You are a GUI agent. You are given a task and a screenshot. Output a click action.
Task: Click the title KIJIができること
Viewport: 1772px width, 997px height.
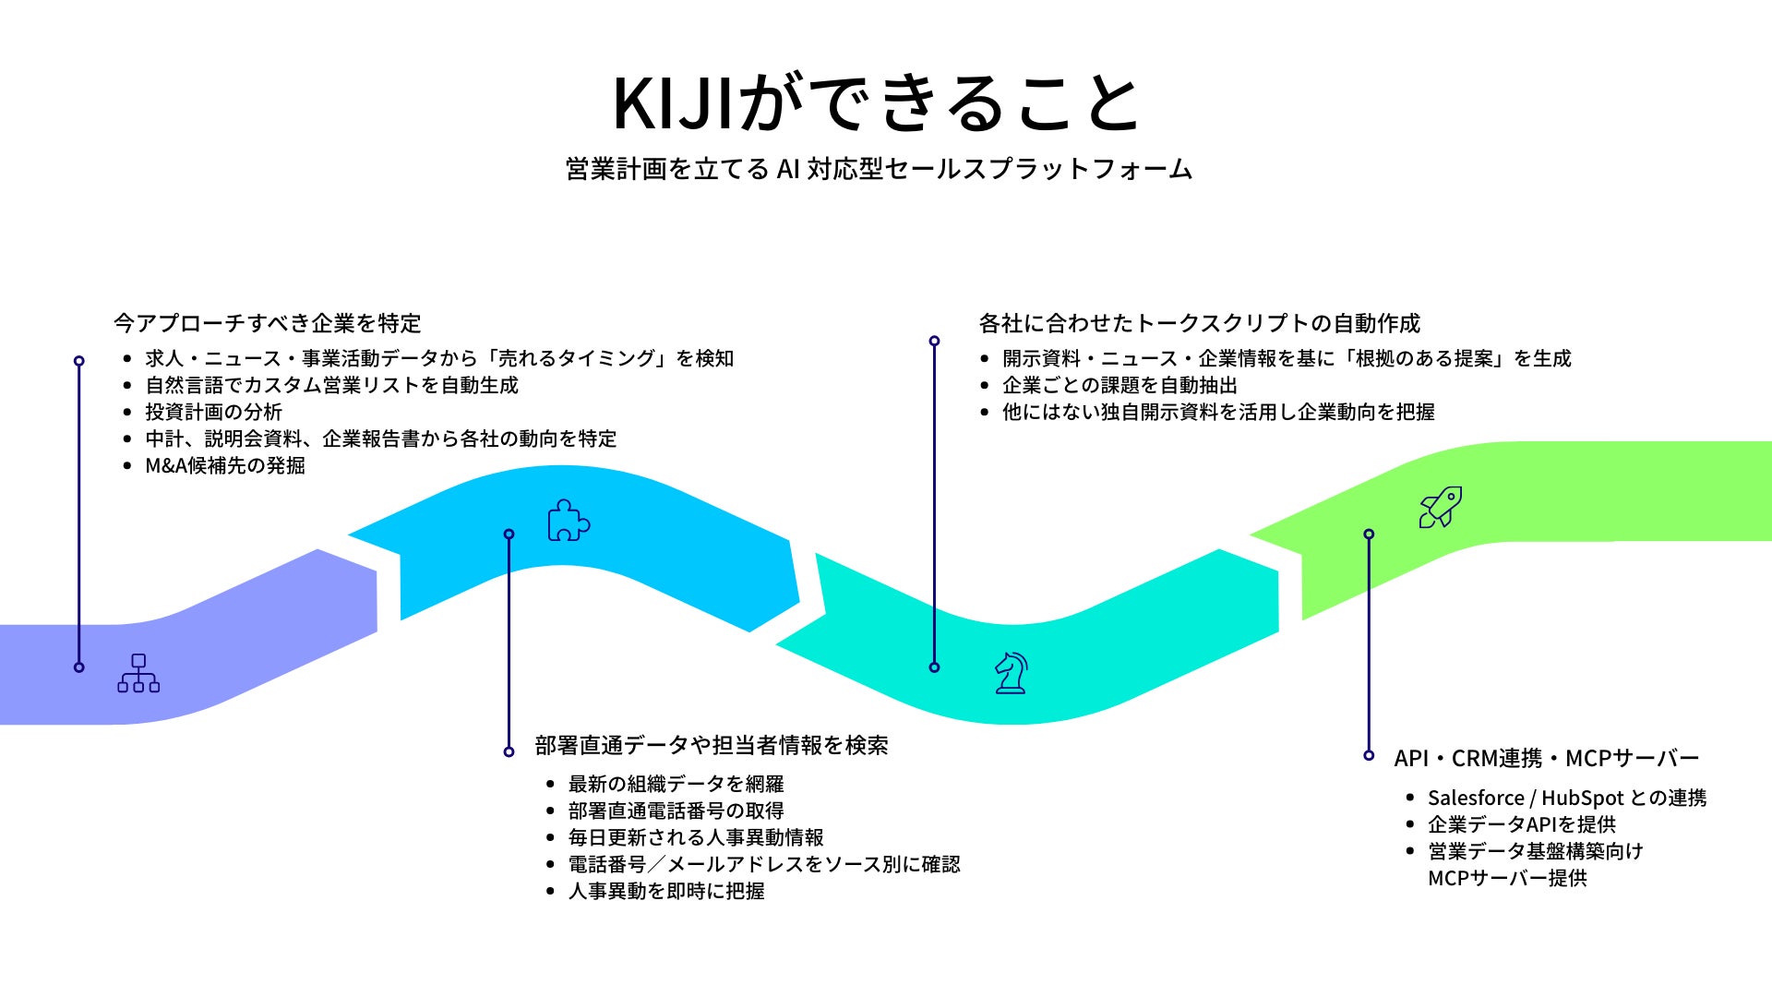(x=877, y=103)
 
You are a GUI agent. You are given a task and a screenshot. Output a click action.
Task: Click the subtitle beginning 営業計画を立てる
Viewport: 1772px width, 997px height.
(x=879, y=169)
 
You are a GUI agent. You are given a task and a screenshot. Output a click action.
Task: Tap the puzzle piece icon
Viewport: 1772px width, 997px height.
(x=569, y=521)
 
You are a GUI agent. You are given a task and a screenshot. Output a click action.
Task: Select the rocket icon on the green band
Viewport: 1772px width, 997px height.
(x=1440, y=507)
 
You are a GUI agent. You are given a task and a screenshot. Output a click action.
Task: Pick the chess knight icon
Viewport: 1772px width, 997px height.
(x=1011, y=672)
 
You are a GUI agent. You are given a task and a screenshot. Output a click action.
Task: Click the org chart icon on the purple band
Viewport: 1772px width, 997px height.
(x=138, y=673)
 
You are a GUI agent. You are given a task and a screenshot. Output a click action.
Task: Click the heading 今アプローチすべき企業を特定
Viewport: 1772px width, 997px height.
(x=268, y=323)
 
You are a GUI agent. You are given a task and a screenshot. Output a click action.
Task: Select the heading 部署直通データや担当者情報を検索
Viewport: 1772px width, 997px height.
(x=712, y=745)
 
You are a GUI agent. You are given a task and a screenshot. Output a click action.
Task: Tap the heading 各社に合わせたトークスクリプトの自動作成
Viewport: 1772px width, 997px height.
(x=1199, y=323)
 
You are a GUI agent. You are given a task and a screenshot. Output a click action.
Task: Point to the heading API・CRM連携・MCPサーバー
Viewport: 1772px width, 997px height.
(x=1546, y=758)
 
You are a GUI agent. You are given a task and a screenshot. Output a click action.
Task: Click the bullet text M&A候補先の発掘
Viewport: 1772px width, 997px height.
(x=225, y=465)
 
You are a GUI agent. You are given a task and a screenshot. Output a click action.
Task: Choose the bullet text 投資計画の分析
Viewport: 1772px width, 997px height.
(x=213, y=412)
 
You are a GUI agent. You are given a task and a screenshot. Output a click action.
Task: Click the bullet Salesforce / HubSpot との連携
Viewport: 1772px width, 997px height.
(x=1567, y=798)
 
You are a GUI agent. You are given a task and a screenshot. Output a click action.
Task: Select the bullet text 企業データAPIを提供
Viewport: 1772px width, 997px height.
(x=1522, y=824)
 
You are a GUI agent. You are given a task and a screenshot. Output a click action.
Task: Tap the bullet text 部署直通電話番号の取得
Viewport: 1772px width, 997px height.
(x=676, y=811)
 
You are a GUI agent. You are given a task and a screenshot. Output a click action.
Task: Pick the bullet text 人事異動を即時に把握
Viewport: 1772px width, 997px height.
(x=666, y=891)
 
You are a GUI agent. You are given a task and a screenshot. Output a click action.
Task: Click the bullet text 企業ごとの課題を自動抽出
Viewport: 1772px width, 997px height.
(x=1119, y=385)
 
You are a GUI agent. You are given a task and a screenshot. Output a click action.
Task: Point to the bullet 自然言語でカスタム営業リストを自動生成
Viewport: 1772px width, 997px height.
(x=332, y=385)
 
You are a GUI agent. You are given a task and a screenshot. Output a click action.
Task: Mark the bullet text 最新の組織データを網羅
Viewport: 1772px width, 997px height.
(x=676, y=784)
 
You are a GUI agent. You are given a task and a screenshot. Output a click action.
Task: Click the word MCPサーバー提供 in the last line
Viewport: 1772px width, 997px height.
(x=1507, y=878)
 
